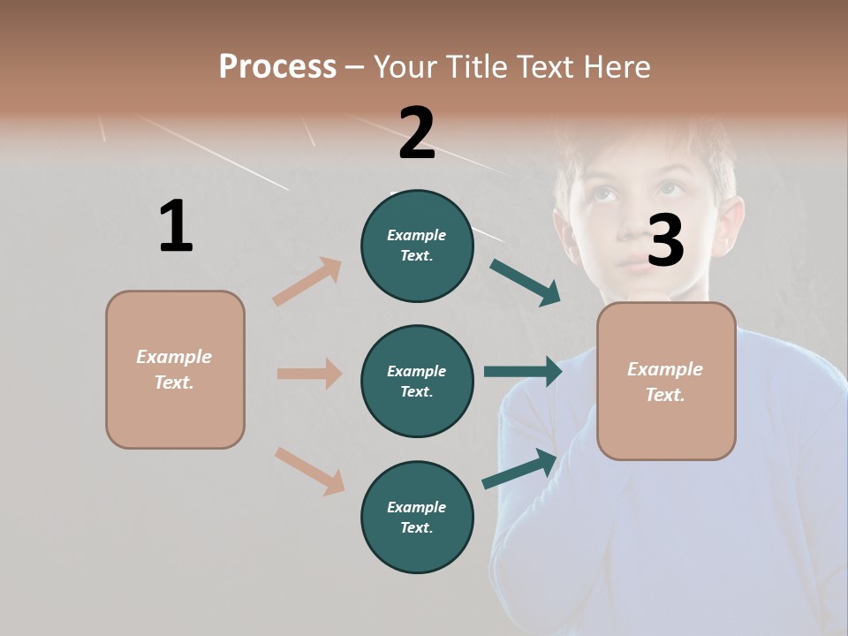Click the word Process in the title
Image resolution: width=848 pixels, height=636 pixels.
click(x=277, y=67)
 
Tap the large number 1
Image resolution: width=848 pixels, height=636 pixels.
click(x=176, y=227)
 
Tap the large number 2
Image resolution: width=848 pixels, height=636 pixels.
click(x=417, y=133)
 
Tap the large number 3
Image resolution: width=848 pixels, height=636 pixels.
click(x=665, y=241)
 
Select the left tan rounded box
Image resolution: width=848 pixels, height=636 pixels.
click(x=175, y=369)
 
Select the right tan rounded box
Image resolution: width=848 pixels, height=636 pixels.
click(x=666, y=381)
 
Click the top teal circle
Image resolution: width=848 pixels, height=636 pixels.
click(x=417, y=246)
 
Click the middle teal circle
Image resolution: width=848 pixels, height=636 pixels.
click(x=417, y=381)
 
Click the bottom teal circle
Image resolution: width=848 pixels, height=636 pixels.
click(x=417, y=517)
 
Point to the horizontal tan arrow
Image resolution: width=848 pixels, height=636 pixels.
click(x=309, y=374)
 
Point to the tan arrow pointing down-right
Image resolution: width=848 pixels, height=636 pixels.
click(x=309, y=471)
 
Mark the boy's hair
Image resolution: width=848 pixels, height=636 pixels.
click(x=645, y=141)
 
